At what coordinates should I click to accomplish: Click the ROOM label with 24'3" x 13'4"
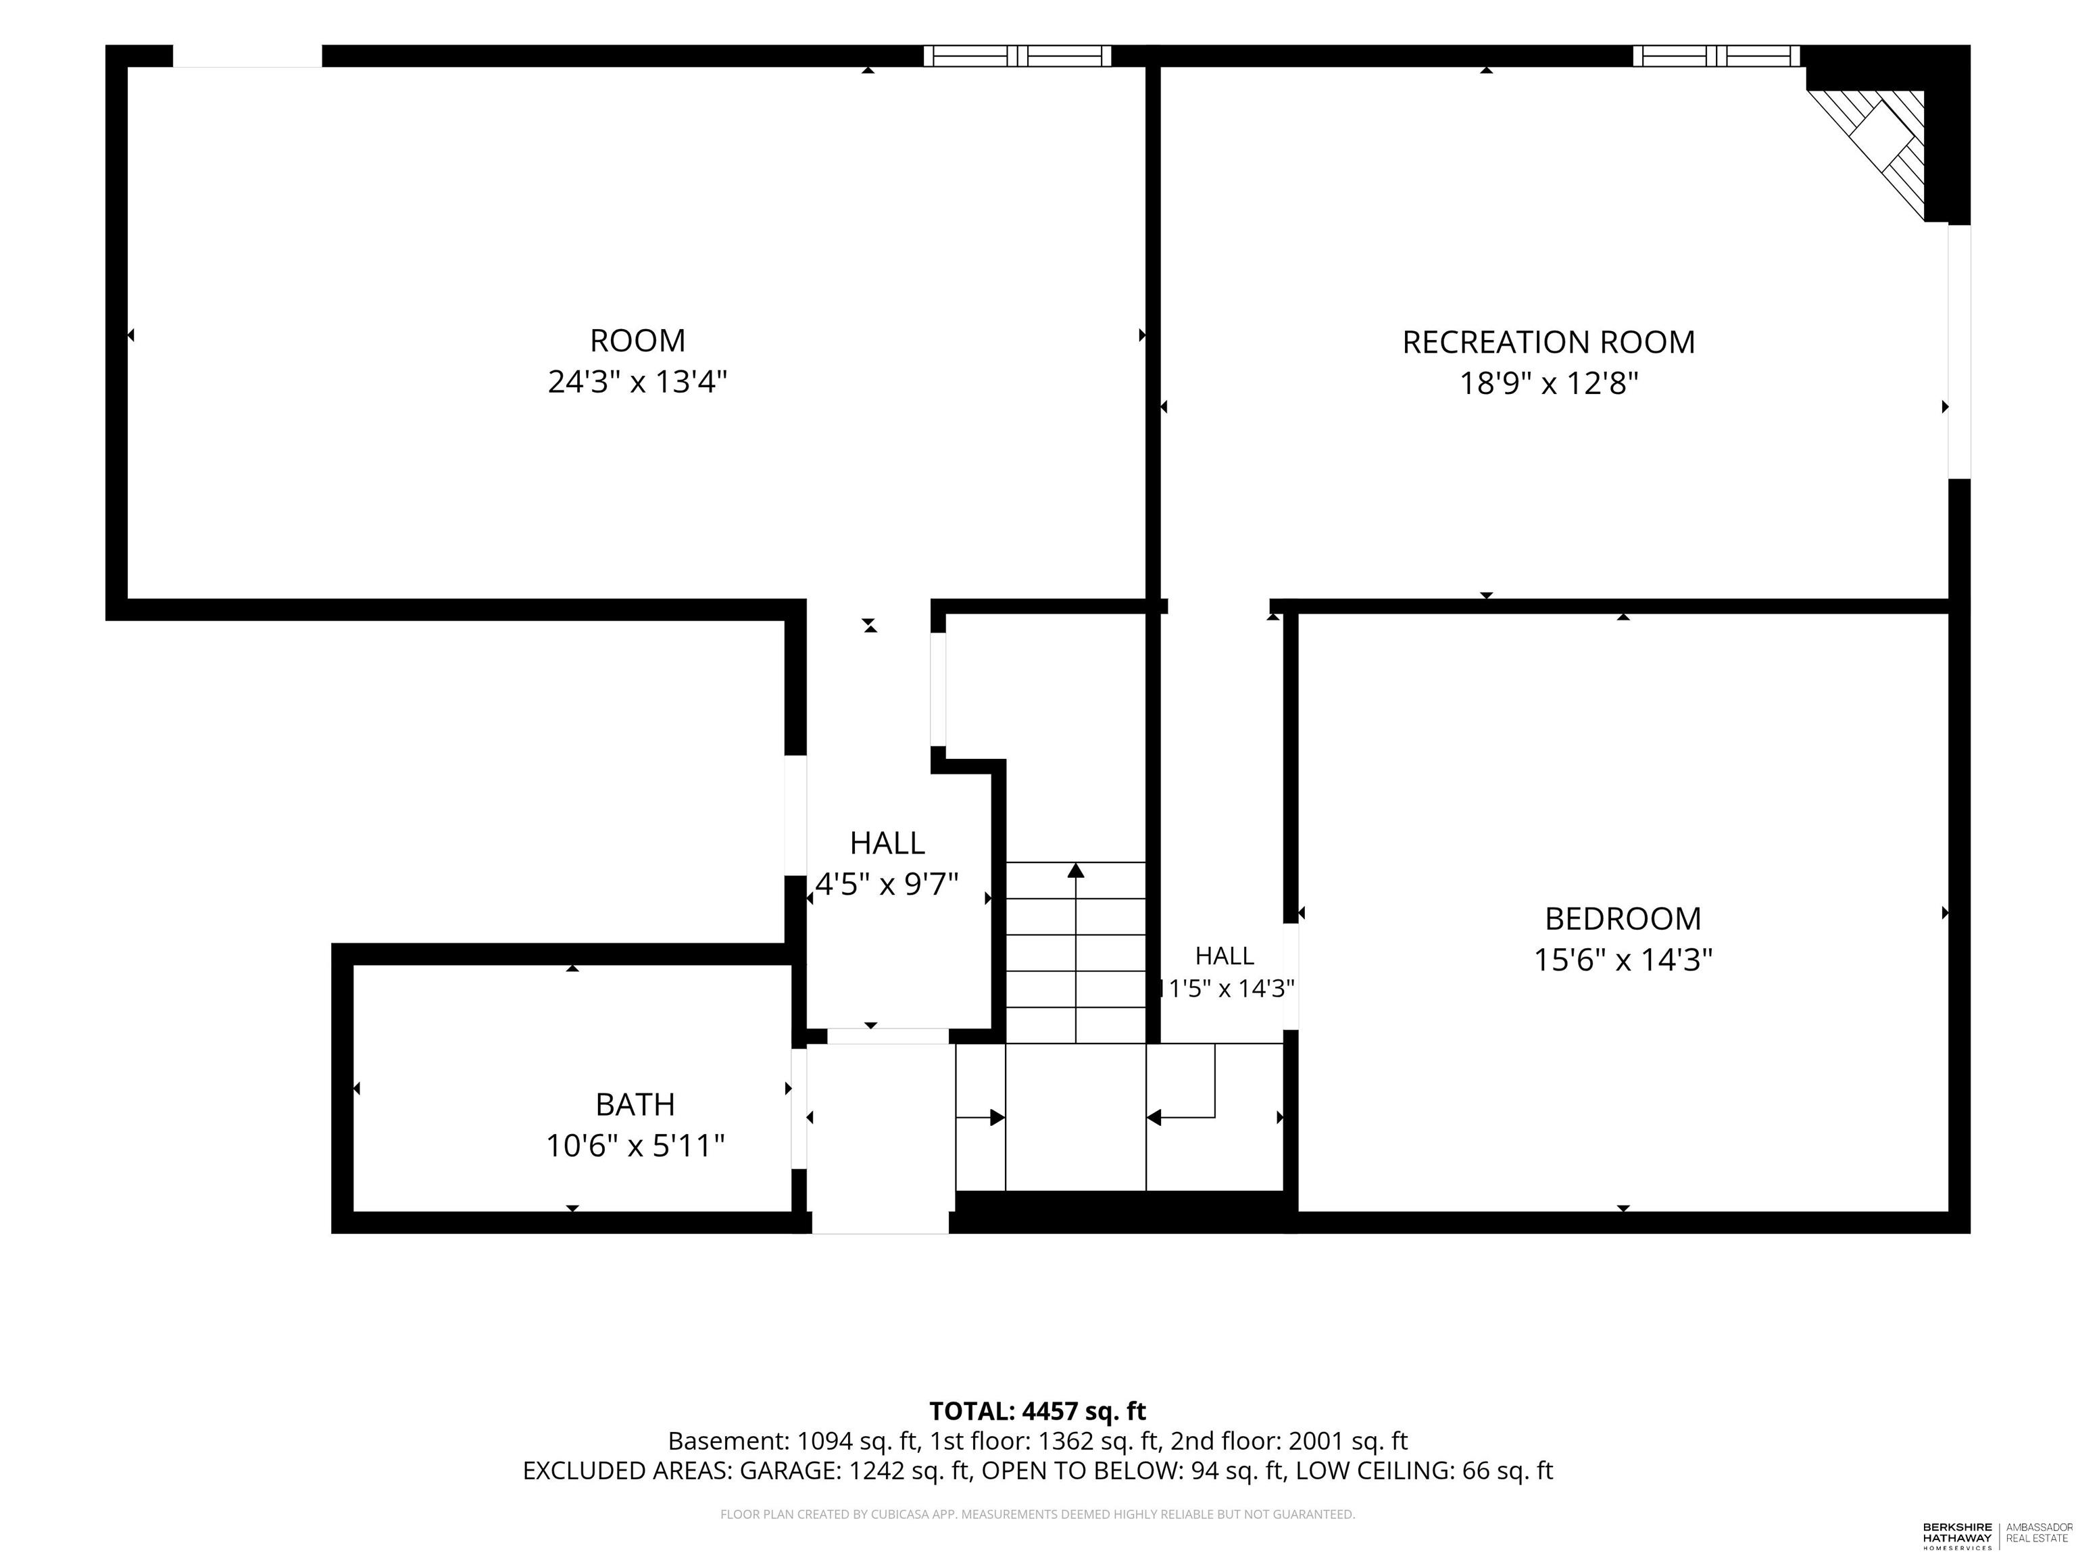point(637,340)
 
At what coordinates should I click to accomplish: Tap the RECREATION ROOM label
point(1549,342)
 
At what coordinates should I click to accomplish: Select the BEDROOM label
point(1623,918)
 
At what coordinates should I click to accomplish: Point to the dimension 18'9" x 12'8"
point(1549,384)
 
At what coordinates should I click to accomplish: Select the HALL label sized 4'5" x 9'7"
point(887,843)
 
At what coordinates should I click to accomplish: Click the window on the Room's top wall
point(1017,56)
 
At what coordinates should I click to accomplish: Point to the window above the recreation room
point(1716,56)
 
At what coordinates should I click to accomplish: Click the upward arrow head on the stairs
point(1076,870)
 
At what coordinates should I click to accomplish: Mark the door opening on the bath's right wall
point(799,1108)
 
